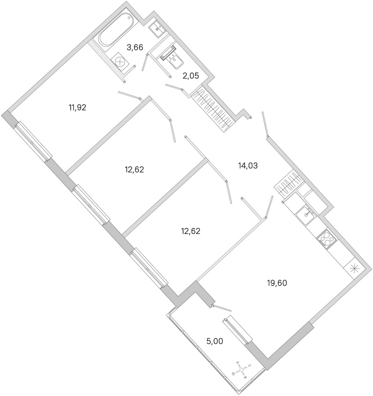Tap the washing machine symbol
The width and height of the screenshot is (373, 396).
pos(120,60)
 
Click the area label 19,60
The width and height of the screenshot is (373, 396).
pos(277,283)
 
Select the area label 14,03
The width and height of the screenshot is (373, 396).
pos(248,166)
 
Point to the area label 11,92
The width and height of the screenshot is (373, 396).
pos(77,108)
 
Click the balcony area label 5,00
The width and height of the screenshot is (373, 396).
pos(214,341)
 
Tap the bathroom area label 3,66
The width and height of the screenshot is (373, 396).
pos(135,47)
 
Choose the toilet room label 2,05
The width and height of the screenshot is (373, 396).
pos(191,75)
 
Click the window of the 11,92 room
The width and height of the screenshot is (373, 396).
pos(33,141)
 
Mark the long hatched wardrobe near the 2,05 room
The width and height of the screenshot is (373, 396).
pos(213,108)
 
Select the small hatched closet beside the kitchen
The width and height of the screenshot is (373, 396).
pos(288,183)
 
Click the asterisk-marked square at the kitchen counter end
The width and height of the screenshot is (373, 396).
pos(354,268)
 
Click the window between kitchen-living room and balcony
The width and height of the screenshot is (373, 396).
pos(238,330)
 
